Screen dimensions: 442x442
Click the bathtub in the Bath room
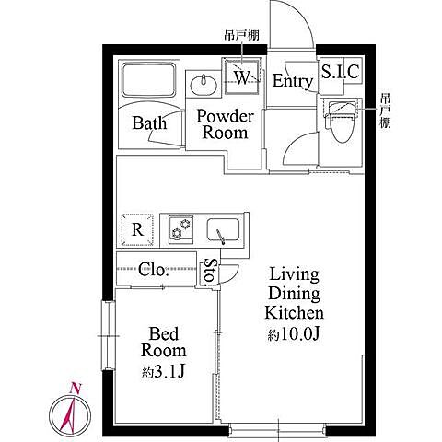tap(149, 79)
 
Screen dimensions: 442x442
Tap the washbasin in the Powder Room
tap(204, 85)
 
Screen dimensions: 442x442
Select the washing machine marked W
tap(242, 76)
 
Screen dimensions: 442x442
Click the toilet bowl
tap(342, 122)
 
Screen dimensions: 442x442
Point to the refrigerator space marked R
tap(137, 229)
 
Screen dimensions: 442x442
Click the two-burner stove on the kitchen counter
tap(180, 229)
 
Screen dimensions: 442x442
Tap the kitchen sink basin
tap(223, 229)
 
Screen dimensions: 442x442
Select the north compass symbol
tap(70, 413)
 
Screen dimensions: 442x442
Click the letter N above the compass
tap(75, 388)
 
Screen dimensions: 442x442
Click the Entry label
tap(292, 81)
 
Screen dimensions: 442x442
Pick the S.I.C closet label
tap(340, 72)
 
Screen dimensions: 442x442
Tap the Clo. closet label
tap(153, 270)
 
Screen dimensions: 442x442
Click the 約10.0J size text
tap(294, 334)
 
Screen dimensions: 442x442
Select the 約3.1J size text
tap(163, 372)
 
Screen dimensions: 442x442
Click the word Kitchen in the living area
tap(294, 313)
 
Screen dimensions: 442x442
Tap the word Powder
tap(226, 116)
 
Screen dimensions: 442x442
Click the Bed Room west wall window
tap(108, 336)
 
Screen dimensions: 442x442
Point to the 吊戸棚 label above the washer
tap(240, 35)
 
